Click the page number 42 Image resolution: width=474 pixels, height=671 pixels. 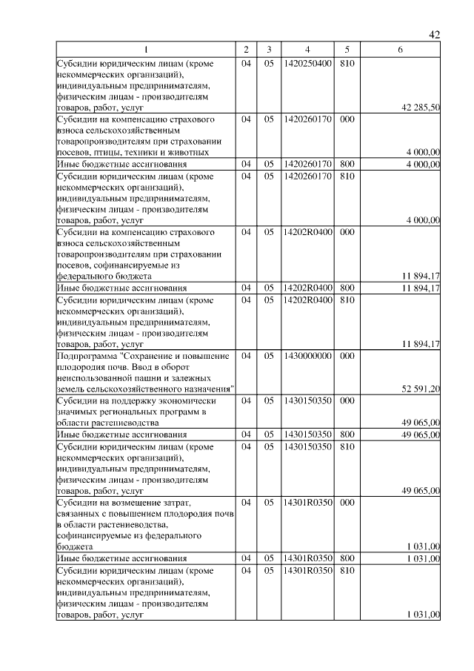point(435,34)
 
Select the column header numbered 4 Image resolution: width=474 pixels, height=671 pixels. point(307,50)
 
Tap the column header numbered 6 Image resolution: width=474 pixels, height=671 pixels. point(401,50)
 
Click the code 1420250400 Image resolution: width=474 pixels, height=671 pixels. point(307,64)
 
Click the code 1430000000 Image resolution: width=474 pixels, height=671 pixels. point(307,356)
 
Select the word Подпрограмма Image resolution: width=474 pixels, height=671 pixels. point(88,356)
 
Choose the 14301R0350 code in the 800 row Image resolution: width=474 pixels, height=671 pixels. point(307,558)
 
